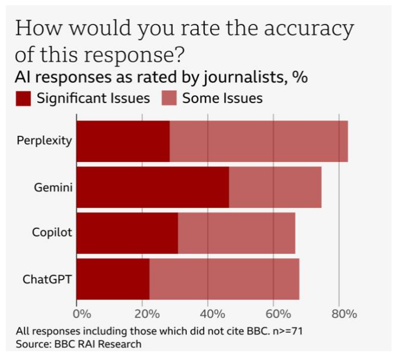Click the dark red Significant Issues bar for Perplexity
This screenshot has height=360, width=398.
[x=123, y=141]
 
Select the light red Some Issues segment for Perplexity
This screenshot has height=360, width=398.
[x=258, y=141]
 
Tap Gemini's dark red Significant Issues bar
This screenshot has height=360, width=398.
[x=152, y=187]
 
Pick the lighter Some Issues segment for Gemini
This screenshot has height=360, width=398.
[x=275, y=187]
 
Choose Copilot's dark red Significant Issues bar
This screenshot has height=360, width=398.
[x=127, y=233]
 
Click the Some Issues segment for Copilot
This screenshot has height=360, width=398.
[x=236, y=233]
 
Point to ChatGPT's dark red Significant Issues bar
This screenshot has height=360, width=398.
[x=113, y=279]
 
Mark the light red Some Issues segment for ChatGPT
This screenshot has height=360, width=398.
[x=224, y=279]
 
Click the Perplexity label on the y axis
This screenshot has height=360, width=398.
[x=44, y=141]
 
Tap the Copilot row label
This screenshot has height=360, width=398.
[x=52, y=233]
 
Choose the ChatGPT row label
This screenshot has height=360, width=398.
[x=47, y=279]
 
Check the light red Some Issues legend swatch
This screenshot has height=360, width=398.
[x=169, y=98]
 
